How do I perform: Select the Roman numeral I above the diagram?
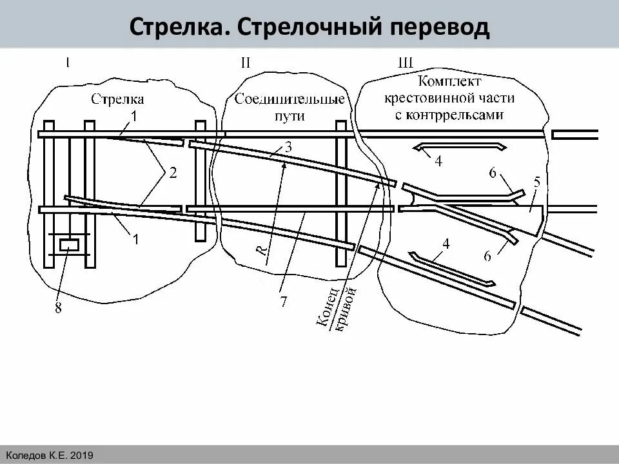(x=67, y=63)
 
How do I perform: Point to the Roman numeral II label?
(x=245, y=63)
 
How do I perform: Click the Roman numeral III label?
(x=406, y=63)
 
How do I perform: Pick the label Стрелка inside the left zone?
(x=117, y=99)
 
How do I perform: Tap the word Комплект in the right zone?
(x=449, y=82)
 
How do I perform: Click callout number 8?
(x=58, y=309)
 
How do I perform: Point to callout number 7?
(x=283, y=301)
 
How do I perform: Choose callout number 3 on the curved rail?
(x=288, y=147)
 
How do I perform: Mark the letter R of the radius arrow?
(x=262, y=251)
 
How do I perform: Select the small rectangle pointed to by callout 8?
(x=69, y=245)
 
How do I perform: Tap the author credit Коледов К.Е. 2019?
(x=50, y=456)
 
